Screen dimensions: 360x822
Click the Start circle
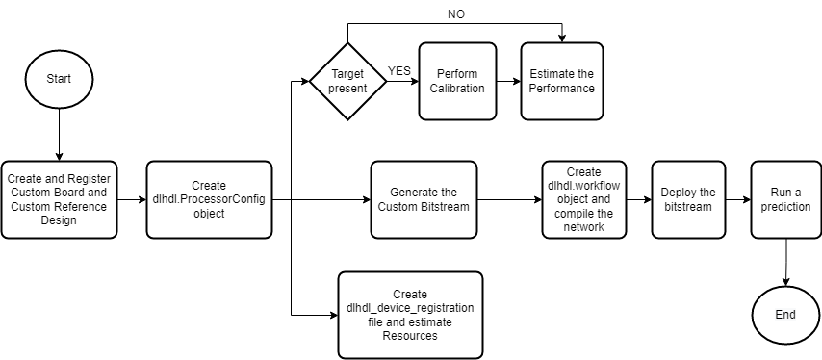(59, 76)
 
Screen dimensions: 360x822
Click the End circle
(785, 314)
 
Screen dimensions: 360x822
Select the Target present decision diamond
(347, 81)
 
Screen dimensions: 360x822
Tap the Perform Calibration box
(457, 81)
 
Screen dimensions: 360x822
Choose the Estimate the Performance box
(562, 81)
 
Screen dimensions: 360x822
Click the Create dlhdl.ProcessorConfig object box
(206, 200)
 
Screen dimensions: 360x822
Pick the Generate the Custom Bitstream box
(424, 200)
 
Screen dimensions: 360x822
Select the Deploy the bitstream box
(688, 200)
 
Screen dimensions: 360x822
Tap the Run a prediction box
(786, 200)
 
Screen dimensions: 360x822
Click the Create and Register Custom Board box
(59, 200)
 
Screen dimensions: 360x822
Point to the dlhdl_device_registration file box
(410, 315)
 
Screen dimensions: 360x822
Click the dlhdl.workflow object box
(583, 200)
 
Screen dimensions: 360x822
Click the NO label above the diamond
(457, 14)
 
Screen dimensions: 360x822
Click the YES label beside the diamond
(399, 71)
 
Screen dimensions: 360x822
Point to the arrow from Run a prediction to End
(786, 262)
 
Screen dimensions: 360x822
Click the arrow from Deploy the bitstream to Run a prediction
(737, 200)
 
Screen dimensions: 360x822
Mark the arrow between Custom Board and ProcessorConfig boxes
(131, 200)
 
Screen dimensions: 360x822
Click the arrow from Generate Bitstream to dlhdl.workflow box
(509, 200)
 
